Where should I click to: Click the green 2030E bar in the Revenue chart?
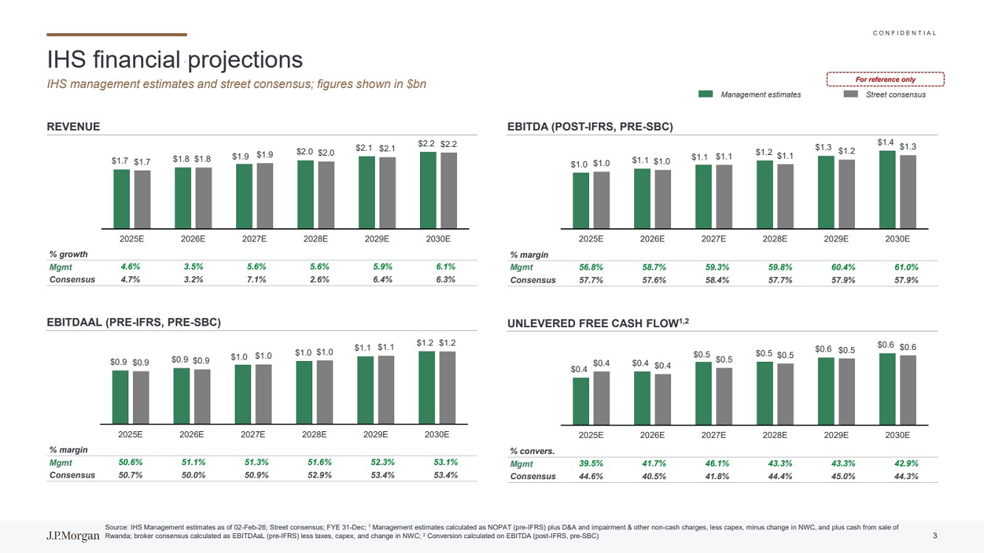[x=428, y=190]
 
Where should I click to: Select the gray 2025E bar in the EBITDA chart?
[x=602, y=200]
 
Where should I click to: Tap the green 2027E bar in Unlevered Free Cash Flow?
[x=703, y=393]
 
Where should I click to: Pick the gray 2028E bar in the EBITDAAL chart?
[x=325, y=392]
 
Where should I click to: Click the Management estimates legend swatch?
[x=706, y=94]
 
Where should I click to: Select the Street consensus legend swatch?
[x=851, y=94]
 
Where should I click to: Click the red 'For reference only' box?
[x=885, y=80]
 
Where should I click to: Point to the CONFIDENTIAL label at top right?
[x=904, y=33]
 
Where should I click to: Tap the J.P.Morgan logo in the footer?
[x=73, y=536]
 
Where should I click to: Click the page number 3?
[x=935, y=535]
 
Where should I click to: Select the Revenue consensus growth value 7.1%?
[x=256, y=279]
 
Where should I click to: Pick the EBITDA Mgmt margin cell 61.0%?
[x=906, y=267]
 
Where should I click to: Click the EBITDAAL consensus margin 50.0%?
[x=193, y=475]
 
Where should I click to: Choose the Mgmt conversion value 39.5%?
[x=591, y=464]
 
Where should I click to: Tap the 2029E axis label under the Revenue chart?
[x=377, y=239]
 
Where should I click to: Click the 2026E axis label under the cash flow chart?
[x=653, y=435]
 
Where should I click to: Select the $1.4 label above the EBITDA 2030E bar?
[x=886, y=142]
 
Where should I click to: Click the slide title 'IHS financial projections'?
[x=175, y=59]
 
